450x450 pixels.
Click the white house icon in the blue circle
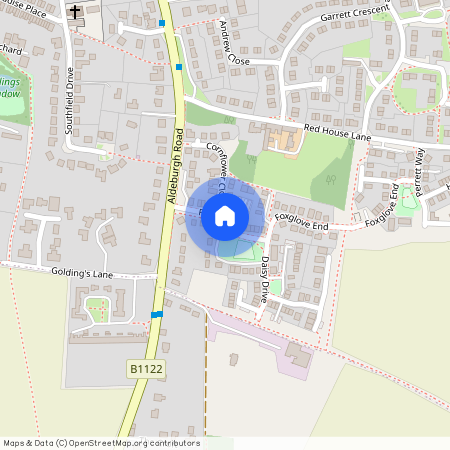[x=225, y=215]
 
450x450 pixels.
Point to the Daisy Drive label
[x=257, y=277]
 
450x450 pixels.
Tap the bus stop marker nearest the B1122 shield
[x=157, y=315]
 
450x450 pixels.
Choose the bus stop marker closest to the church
[x=161, y=22]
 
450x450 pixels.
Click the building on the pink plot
[x=297, y=354]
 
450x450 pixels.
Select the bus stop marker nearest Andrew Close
[x=179, y=68]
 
